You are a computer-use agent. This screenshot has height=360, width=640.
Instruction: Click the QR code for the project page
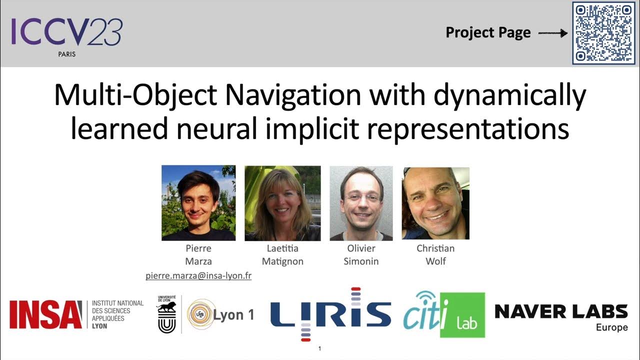(x=603, y=33)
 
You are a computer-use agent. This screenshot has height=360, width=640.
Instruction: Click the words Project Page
(x=488, y=33)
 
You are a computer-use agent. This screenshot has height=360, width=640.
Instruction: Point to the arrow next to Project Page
(x=553, y=33)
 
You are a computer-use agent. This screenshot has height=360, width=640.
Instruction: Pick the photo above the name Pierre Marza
(x=198, y=203)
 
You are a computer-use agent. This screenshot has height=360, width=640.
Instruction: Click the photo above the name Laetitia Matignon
(x=282, y=203)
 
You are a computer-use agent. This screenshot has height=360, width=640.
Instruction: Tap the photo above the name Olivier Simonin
(x=361, y=203)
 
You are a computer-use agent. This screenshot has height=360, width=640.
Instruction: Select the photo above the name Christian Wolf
(x=435, y=203)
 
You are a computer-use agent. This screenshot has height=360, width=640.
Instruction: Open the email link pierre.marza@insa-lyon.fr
(x=198, y=275)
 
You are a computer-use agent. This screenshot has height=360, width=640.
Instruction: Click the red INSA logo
(x=45, y=314)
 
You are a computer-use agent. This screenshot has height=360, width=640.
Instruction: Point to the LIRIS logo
(x=330, y=314)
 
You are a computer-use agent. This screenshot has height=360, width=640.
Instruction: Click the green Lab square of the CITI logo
(x=462, y=315)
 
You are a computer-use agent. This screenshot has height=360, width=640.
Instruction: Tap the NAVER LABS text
(x=561, y=311)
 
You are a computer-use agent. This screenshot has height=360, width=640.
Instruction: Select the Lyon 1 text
(x=234, y=315)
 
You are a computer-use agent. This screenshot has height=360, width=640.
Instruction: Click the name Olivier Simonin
(x=361, y=254)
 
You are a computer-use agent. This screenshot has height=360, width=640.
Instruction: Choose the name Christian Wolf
(x=435, y=254)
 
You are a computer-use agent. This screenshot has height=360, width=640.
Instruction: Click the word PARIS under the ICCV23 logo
(x=66, y=54)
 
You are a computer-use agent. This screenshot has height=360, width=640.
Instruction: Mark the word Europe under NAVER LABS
(x=611, y=328)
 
